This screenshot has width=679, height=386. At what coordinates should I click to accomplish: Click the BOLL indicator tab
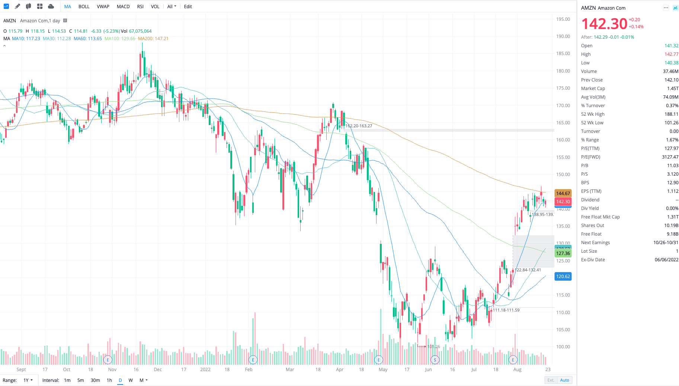click(84, 7)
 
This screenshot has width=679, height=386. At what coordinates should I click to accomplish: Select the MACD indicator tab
click(123, 7)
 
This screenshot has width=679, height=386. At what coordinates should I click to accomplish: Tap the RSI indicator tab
click(140, 7)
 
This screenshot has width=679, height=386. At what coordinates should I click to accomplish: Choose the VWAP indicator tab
click(103, 7)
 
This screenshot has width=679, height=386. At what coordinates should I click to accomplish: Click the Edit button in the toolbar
click(188, 7)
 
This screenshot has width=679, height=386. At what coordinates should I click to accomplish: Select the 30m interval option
click(95, 380)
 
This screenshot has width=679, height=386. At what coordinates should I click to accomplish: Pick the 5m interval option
click(80, 380)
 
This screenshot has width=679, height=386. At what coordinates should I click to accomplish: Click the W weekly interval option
click(131, 380)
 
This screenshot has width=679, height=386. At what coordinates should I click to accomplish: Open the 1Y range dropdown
click(28, 380)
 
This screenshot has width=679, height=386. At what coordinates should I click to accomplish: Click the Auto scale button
click(564, 380)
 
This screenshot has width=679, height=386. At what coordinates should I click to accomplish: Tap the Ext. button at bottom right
click(551, 380)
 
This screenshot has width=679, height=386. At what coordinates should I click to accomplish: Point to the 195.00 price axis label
click(563, 19)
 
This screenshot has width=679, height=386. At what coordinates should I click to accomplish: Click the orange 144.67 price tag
click(563, 194)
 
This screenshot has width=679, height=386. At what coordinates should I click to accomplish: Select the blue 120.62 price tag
click(563, 277)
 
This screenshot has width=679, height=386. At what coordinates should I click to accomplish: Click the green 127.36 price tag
click(563, 253)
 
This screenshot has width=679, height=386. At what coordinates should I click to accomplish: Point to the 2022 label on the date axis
click(205, 370)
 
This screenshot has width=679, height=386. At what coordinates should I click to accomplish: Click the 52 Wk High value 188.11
click(671, 114)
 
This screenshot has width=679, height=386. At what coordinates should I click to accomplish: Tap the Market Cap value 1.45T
click(673, 89)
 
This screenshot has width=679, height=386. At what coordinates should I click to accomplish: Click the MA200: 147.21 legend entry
click(153, 39)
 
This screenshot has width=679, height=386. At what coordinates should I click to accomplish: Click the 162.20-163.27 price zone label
click(359, 126)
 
